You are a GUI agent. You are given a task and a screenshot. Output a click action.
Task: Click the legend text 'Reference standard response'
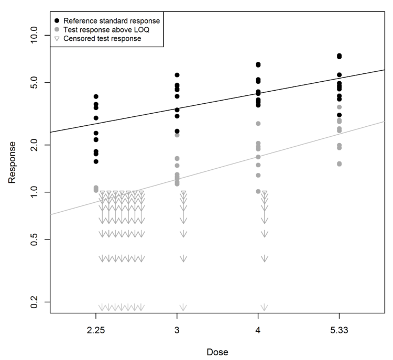(x=112, y=21)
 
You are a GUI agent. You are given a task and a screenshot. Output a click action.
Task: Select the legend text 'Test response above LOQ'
(x=106, y=30)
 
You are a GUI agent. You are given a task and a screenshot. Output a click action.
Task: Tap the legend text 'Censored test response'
(x=102, y=39)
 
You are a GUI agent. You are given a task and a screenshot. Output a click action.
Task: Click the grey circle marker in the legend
(x=57, y=30)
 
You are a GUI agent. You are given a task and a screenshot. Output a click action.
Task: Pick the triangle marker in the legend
(x=57, y=39)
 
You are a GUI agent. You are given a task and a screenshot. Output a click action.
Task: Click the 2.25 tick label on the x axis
(x=96, y=331)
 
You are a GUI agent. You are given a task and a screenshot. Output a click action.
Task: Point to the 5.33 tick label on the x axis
(x=339, y=331)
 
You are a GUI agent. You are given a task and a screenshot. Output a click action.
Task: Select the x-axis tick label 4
(x=258, y=331)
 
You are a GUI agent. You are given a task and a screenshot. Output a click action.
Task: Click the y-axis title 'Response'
(x=12, y=162)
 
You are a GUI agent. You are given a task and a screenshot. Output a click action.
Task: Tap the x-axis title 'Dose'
(x=217, y=352)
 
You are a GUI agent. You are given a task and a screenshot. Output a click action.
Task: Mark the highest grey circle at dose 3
(x=177, y=135)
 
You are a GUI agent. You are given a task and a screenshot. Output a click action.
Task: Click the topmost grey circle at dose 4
(x=258, y=124)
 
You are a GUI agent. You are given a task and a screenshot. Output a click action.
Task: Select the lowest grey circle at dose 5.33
(x=339, y=163)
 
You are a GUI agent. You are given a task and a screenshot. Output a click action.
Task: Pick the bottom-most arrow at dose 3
(x=183, y=307)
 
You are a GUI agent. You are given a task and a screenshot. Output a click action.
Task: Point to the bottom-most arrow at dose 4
(x=265, y=307)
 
